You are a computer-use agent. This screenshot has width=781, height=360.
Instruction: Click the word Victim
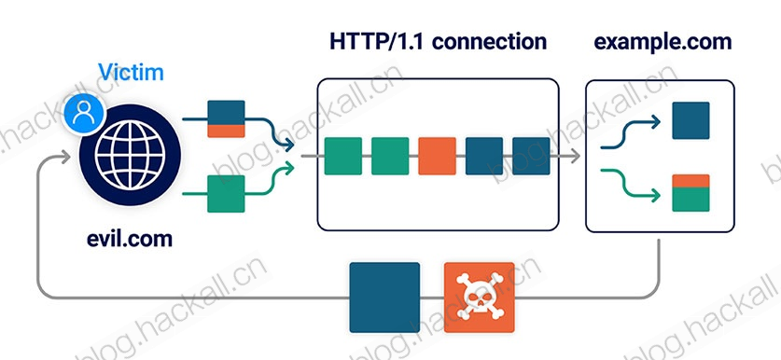pos(131,72)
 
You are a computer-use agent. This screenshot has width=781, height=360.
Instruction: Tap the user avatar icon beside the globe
pos(84,114)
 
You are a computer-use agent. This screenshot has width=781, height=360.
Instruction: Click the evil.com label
pos(130,239)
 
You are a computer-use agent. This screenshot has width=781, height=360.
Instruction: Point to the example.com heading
pos(662,42)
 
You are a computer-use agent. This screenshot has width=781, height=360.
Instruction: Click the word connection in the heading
pos(489,41)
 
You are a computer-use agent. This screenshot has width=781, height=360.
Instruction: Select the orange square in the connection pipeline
pos(437,156)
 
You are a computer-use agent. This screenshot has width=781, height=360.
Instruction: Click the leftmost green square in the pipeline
pos(342,156)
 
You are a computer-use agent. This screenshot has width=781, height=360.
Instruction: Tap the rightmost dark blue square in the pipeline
pos(531,156)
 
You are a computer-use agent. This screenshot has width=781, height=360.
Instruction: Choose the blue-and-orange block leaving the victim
pos(226,119)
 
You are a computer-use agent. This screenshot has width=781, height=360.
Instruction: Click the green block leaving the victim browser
pos(226,194)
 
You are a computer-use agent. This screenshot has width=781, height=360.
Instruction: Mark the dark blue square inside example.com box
pos(690,120)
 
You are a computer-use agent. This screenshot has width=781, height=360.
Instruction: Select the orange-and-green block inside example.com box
pos(690,193)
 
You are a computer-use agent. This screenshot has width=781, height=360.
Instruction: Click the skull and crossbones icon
pos(480,298)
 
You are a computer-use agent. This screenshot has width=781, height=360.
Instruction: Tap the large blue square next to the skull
pos(384,298)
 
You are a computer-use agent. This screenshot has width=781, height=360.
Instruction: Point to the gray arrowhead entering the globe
pos(65,157)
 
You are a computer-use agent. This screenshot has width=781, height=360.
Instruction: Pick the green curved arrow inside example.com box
pos(631,183)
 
